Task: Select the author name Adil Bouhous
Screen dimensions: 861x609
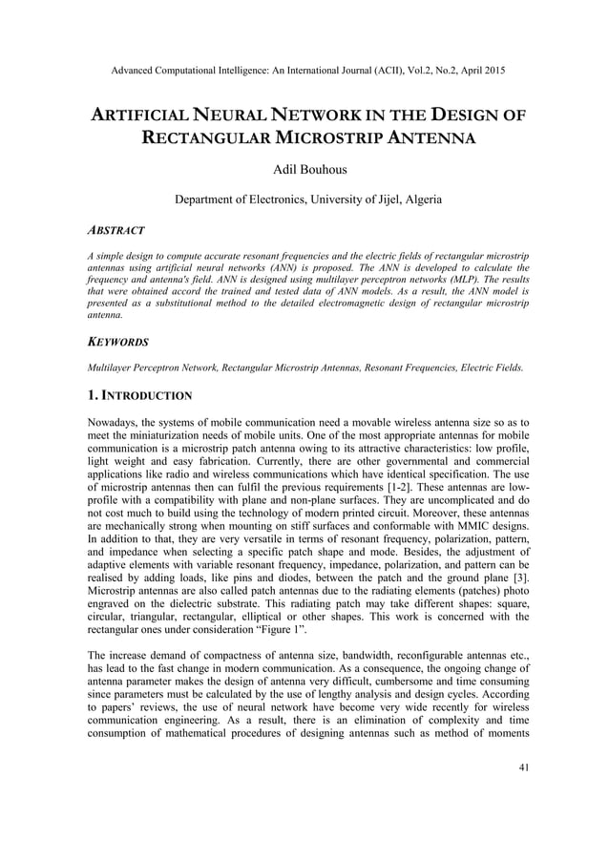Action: pyautogui.click(x=304, y=170)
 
